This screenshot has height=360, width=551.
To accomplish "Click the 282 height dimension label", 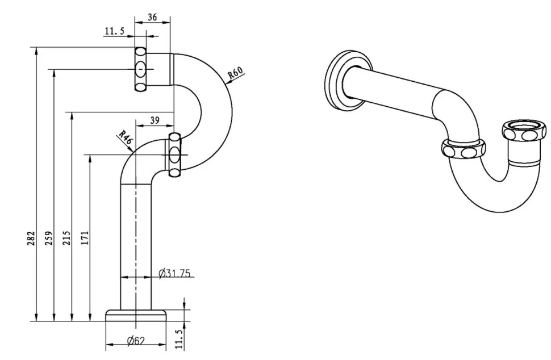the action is [32, 238].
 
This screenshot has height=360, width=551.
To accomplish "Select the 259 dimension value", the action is [49, 238].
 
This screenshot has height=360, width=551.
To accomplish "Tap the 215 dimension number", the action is [68, 238].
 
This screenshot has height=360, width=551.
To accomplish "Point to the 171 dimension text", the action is [85, 238].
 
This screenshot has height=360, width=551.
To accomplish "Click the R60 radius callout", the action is [235, 72].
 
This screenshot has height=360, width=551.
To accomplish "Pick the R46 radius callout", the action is [125, 137].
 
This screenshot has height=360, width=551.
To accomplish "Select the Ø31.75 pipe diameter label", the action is [174, 273].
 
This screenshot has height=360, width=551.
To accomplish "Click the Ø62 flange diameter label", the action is [136, 340].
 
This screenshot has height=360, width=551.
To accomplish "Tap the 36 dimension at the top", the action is [152, 17].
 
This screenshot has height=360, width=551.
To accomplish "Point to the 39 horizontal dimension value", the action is [155, 120].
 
